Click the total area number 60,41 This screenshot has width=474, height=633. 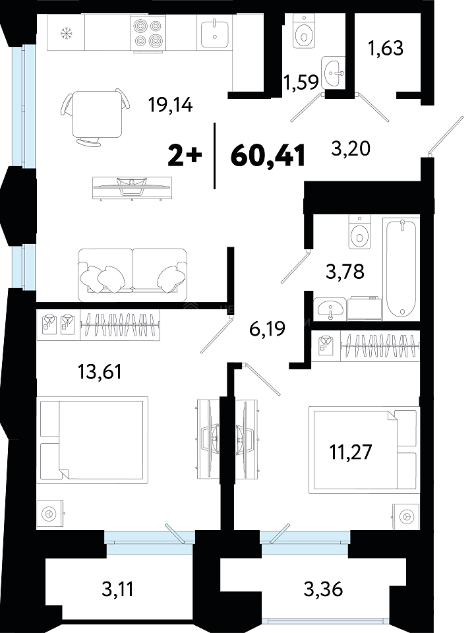(x=267, y=156)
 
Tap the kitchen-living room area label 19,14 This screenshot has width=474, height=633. (x=170, y=105)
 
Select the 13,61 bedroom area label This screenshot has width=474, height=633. (x=100, y=371)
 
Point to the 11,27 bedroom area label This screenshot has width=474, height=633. (x=350, y=452)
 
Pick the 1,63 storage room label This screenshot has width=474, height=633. (x=386, y=48)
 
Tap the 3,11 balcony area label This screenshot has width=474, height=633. (x=117, y=589)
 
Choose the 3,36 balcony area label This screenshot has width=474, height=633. (x=324, y=589)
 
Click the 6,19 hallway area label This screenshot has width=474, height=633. (x=267, y=328)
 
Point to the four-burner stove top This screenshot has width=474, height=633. (x=148, y=33)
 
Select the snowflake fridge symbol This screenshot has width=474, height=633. (x=65, y=33)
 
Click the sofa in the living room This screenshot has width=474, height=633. (x=133, y=274)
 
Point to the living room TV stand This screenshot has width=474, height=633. (x=132, y=189)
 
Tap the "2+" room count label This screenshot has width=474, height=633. (x=185, y=156)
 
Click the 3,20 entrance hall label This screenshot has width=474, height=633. (x=351, y=148)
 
